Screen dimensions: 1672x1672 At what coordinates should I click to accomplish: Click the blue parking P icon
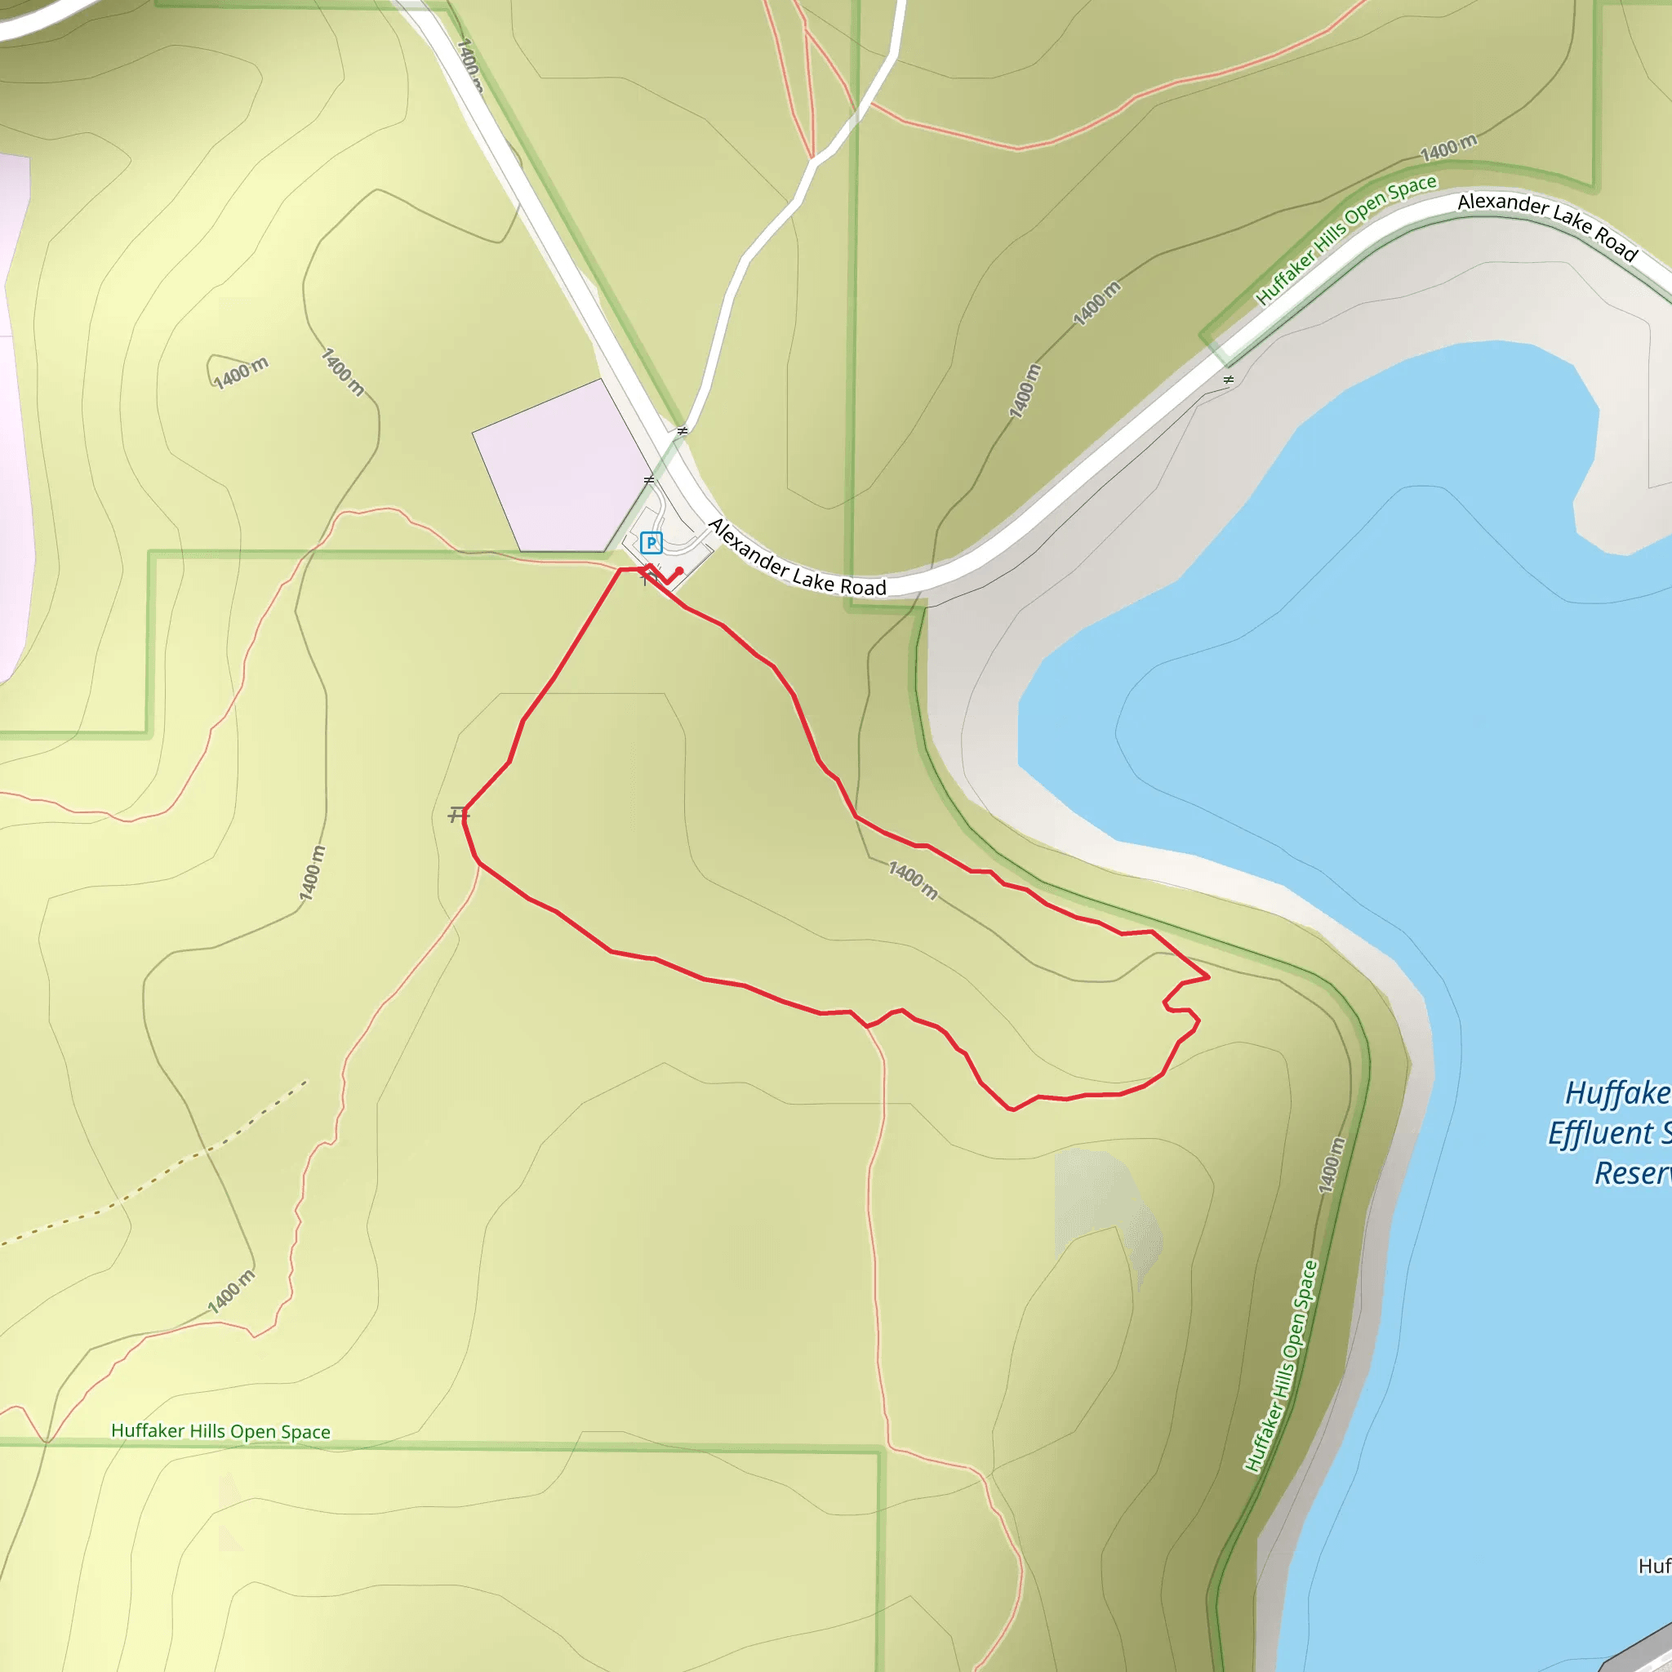pyautogui.click(x=651, y=543)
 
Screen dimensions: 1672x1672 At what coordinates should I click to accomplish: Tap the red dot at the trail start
pyautogui.click(x=679, y=571)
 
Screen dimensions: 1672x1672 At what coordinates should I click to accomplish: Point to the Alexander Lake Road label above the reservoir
pyautogui.click(x=1547, y=225)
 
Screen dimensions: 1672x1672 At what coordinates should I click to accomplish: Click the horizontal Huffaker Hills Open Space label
pyautogui.click(x=220, y=1431)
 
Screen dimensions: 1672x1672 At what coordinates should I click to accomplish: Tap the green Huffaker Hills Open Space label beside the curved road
pyautogui.click(x=1345, y=238)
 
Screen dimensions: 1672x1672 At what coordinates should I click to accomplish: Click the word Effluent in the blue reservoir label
pyautogui.click(x=1601, y=1133)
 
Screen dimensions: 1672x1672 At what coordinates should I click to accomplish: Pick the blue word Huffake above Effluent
pyautogui.click(x=1616, y=1093)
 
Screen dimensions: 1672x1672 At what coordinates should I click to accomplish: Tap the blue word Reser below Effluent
pyautogui.click(x=1632, y=1172)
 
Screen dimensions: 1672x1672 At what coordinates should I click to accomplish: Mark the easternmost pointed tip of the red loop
pyautogui.click(x=1208, y=977)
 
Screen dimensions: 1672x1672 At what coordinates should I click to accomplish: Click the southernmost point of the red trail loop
pyautogui.click(x=1012, y=1109)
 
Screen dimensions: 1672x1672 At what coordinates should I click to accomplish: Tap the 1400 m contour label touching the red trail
pyautogui.click(x=913, y=880)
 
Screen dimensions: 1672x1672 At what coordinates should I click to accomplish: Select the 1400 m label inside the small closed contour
pyautogui.click(x=241, y=373)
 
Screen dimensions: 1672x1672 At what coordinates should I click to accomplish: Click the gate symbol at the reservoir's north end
pyautogui.click(x=1228, y=380)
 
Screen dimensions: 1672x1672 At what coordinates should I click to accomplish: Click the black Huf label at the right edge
pyautogui.click(x=1654, y=1567)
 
